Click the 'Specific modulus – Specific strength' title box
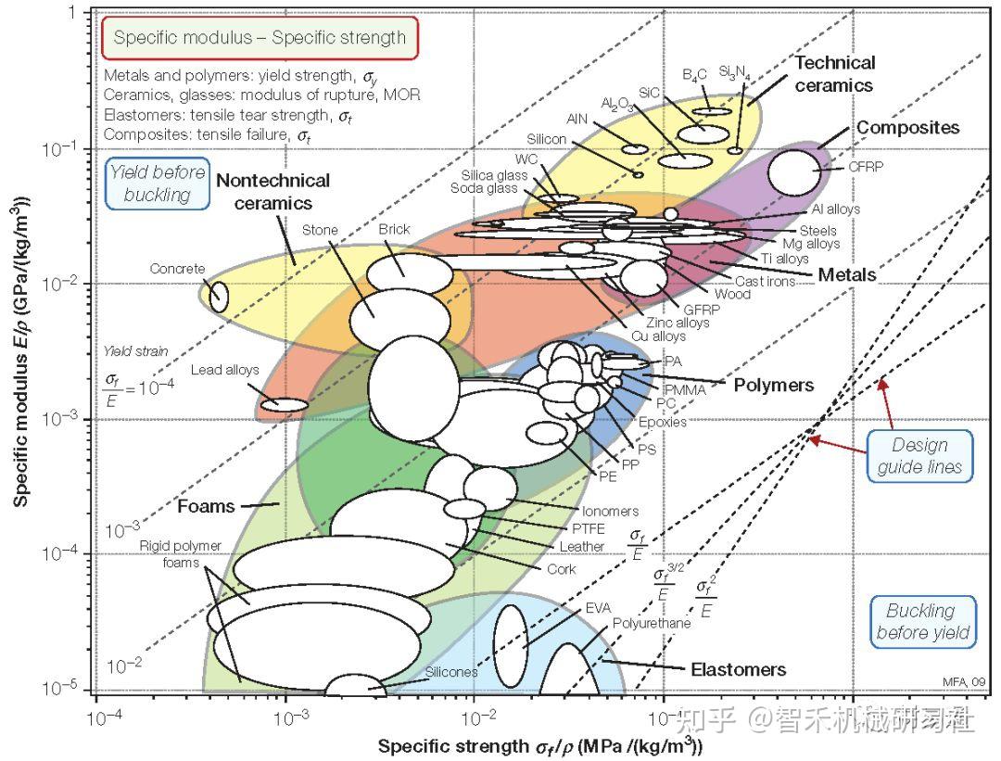tap(260, 38)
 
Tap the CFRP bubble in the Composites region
tap(794, 171)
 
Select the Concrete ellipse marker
tap(219, 297)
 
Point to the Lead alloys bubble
tap(285, 405)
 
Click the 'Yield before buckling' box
tap(158, 184)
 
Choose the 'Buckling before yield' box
tap(922, 622)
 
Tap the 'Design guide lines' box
tap(919, 456)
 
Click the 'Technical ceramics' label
tap(834, 74)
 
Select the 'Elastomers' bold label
tap(738, 669)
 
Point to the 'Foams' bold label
tap(206, 506)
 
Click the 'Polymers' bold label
tap(774, 385)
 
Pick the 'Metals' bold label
tap(846, 274)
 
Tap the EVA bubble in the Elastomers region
tap(510, 646)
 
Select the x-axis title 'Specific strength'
tap(540, 745)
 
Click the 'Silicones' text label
tap(450, 672)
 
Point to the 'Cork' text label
tap(561, 569)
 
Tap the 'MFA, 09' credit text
tap(964, 682)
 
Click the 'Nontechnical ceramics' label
tap(273, 192)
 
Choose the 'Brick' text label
tap(394, 229)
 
